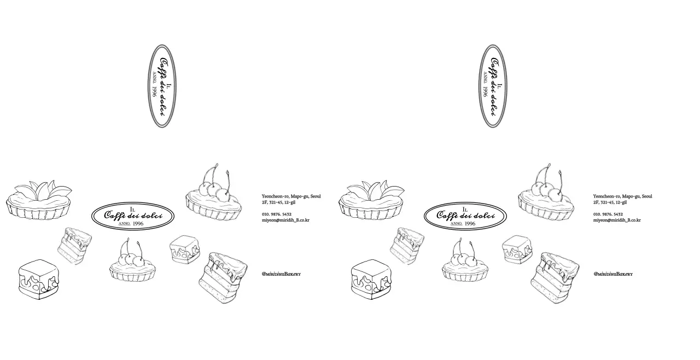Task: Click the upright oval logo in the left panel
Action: pos(163,86)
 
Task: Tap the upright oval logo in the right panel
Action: pos(493,86)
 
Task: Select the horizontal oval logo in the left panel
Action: pos(133,216)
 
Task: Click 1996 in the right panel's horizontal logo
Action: pos(470,224)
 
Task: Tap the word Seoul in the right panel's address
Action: pos(646,196)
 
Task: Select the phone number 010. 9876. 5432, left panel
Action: pos(277,214)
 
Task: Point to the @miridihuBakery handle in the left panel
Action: pos(281,274)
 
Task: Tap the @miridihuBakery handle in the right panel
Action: pos(613,274)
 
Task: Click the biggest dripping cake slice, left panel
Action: pos(223,278)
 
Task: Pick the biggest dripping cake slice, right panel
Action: pos(555,278)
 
